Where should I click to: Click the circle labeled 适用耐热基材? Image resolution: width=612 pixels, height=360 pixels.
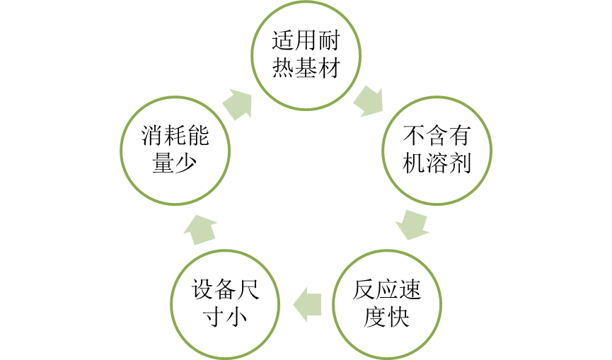(306, 56)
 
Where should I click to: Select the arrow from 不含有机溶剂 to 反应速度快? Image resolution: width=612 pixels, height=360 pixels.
(412, 224)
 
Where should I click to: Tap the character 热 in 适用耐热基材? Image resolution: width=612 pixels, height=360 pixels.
(282, 69)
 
